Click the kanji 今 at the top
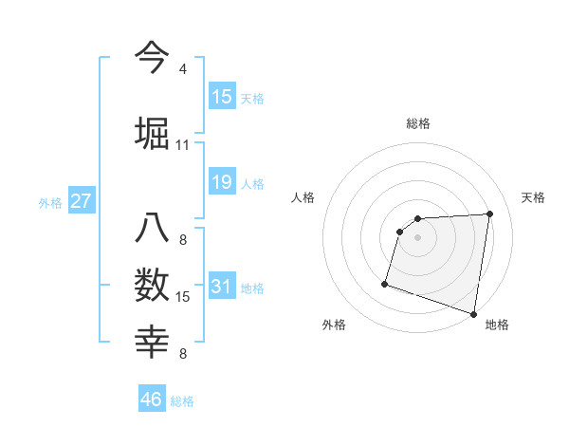(x=153, y=57)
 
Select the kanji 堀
(x=153, y=132)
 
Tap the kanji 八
(x=153, y=229)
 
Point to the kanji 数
(x=153, y=284)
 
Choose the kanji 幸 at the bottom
(x=153, y=341)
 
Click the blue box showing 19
(x=222, y=180)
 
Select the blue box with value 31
(x=222, y=287)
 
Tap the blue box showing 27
(x=82, y=201)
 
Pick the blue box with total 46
(x=152, y=400)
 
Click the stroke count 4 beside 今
(x=183, y=69)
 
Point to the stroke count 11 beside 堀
(x=182, y=145)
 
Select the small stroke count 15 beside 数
(x=183, y=297)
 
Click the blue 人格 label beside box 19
(x=252, y=182)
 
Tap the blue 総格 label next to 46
(x=182, y=401)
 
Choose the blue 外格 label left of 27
(x=50, y=202)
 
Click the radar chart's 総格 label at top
(x=418, y=123)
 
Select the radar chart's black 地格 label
(x=497, y=325)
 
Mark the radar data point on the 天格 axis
(x=490, y=214)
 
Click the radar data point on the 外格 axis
(x=385, y=283)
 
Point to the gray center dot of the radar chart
(x=418, y=238)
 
